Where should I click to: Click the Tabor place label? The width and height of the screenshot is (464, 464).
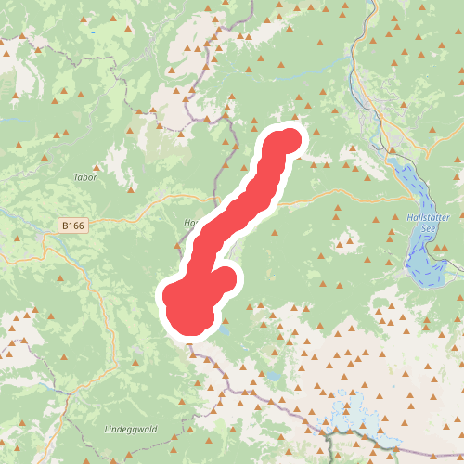(x=84, y=176)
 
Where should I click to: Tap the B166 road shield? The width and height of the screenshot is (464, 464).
(x=71, y=226)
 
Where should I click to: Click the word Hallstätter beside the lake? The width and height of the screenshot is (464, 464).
(x=428, y=216)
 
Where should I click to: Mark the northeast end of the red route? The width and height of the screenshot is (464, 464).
(x=289, y=141)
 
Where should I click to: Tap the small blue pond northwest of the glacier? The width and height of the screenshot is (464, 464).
(x=276, y=377)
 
